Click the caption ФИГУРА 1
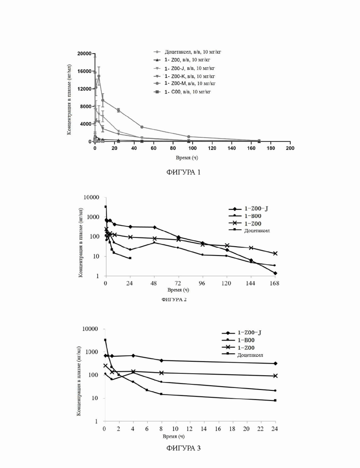click(x=183, y=172)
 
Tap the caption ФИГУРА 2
click(x=174, y=299)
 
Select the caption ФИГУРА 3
click(x=183, y=448)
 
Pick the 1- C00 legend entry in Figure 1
click(x=182, y=92)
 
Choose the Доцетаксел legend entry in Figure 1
click(x=187, y=52)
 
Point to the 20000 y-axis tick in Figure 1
click(x=84, y=54)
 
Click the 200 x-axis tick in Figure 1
click(x=290, y=148)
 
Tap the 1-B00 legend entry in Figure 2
click(x=245, y=216)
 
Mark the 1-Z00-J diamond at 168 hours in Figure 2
click(x=275, y=273)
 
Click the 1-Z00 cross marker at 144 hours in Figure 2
click(x=251, y=248)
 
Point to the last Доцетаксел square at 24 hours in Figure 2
click(x=130, y=258)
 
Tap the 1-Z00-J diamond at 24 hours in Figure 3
click(x=275, y=363)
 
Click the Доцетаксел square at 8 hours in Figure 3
click(x=162, y=394)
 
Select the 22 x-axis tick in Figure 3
click(x=261, y=429)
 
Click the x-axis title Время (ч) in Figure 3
click(x=174, y=437)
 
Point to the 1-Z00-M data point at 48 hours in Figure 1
click(x=142, y=127)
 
